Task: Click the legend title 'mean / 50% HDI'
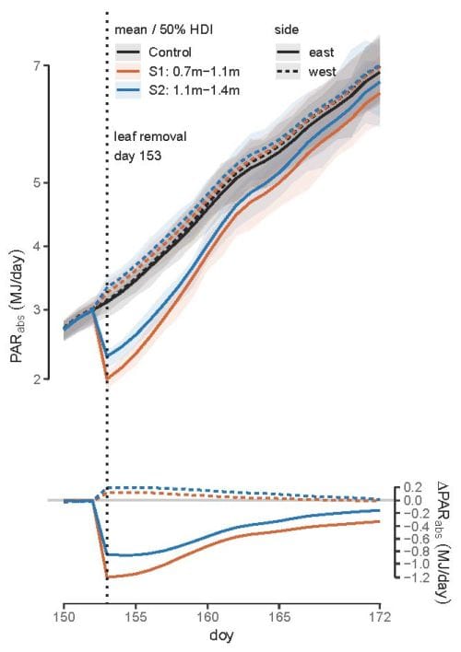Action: pos(162,30)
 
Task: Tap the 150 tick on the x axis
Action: pos(64,613)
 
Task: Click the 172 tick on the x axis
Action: pos(380,613)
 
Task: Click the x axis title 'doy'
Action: pos(221,635)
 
